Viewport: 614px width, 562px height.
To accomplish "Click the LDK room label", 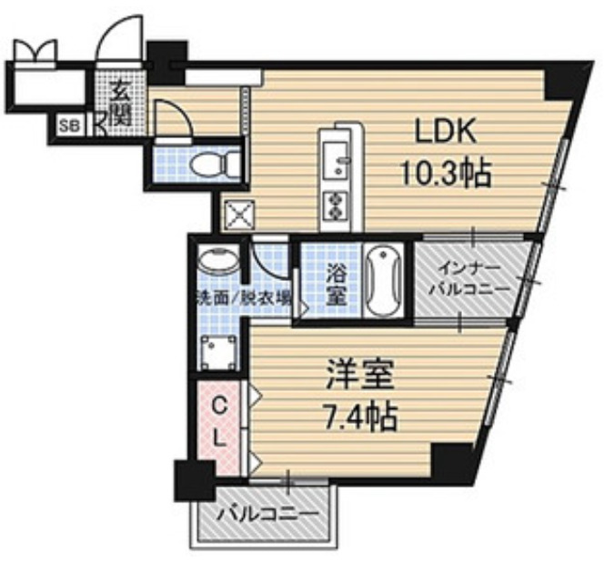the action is (446, 132).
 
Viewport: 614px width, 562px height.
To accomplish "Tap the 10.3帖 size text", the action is (446, 173).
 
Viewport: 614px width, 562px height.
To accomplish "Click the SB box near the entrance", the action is (70, 125).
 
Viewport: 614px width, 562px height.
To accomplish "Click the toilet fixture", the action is (215, 164).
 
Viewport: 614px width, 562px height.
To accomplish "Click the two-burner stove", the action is (336, 206).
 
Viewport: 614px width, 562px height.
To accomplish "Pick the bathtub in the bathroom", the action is (386, 280).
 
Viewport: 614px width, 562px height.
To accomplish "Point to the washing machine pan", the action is (219, 353).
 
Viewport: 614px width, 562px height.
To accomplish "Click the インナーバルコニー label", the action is (470, 279).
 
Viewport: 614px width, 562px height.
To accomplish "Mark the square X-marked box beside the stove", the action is (239, 214).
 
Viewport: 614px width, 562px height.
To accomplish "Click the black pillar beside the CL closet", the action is (195, 480).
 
